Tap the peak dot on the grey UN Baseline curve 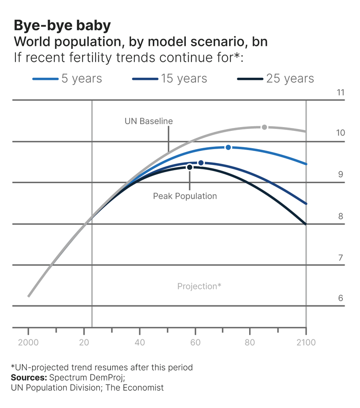[x=264, y=127]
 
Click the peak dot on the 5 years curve [x=228, y=147]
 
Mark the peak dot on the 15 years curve [x=201, y=163]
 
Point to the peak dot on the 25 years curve [x=190, y=167]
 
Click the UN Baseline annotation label [x=148, y=121]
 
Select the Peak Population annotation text [x=185, y=196]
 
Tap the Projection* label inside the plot [x=199, y=286]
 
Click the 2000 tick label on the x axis [x=28, y=343]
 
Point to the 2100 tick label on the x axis [x=306, y=343]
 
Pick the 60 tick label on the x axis [x=195, y=343]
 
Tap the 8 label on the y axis [x=340, y=216]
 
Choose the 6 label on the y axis [x=340, y=298]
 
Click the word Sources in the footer [x=28, y=378]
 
